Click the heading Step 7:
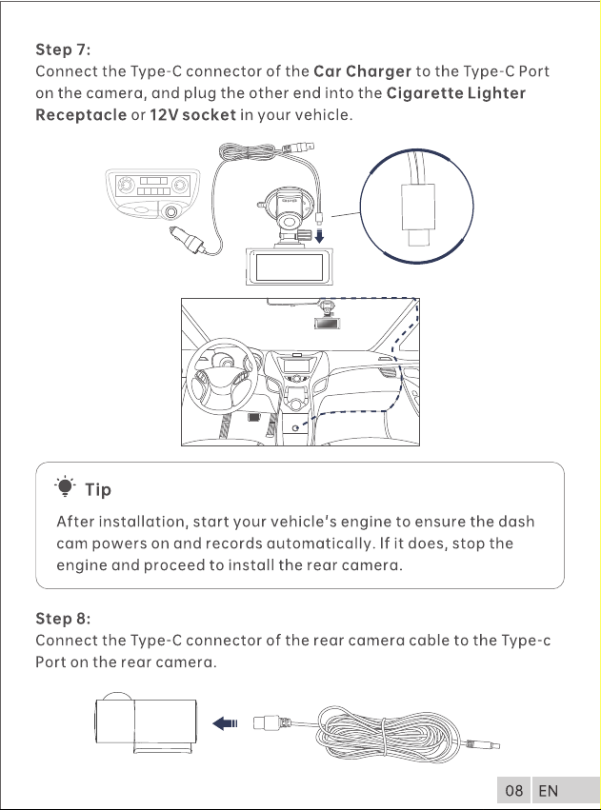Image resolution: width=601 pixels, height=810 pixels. tap(63, 49)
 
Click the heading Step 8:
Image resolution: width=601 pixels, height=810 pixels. tap(63, 619)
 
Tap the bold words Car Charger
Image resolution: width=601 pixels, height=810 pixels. tap(362, 71)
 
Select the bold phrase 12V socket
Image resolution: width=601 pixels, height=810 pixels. tap(192, 114)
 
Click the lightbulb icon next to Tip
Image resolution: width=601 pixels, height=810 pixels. tap(65, 486)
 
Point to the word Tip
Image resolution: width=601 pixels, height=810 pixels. tap(98, 489)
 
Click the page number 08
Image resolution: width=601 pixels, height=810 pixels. tap(513, 790)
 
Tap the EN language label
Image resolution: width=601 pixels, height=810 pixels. tap(548, 790)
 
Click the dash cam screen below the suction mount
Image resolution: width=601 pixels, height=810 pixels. tap(289, 267)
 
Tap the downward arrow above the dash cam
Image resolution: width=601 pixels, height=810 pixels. tap(319, 236)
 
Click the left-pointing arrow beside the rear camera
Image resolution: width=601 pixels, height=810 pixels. tap(225, 723)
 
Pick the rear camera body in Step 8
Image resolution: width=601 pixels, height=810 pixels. tap(146, 721)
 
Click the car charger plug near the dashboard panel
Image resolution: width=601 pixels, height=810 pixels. tap(187, 240)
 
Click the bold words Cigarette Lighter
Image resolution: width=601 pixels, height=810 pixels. tap(456, 93)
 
